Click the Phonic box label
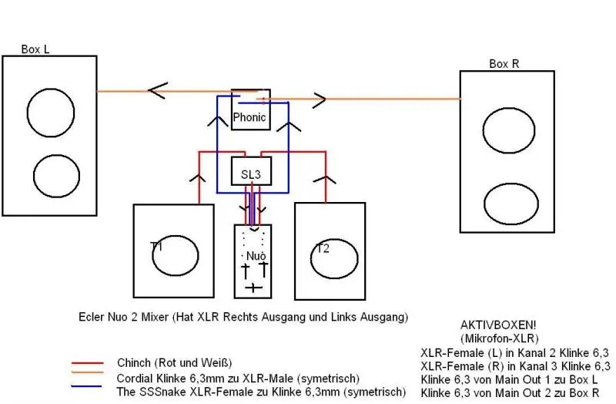tap(249, 118)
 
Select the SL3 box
tap(252, 174)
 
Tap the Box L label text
tap(35, 49)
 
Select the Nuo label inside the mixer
tap(253, 254)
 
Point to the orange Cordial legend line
tap(87, 377)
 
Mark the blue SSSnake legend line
tap(87, 389)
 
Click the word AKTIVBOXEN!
tap(491, 326)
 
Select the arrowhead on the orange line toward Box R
tap(317, 99)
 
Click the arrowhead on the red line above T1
tap(198, 180)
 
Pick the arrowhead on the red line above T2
tap(326, 180)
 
